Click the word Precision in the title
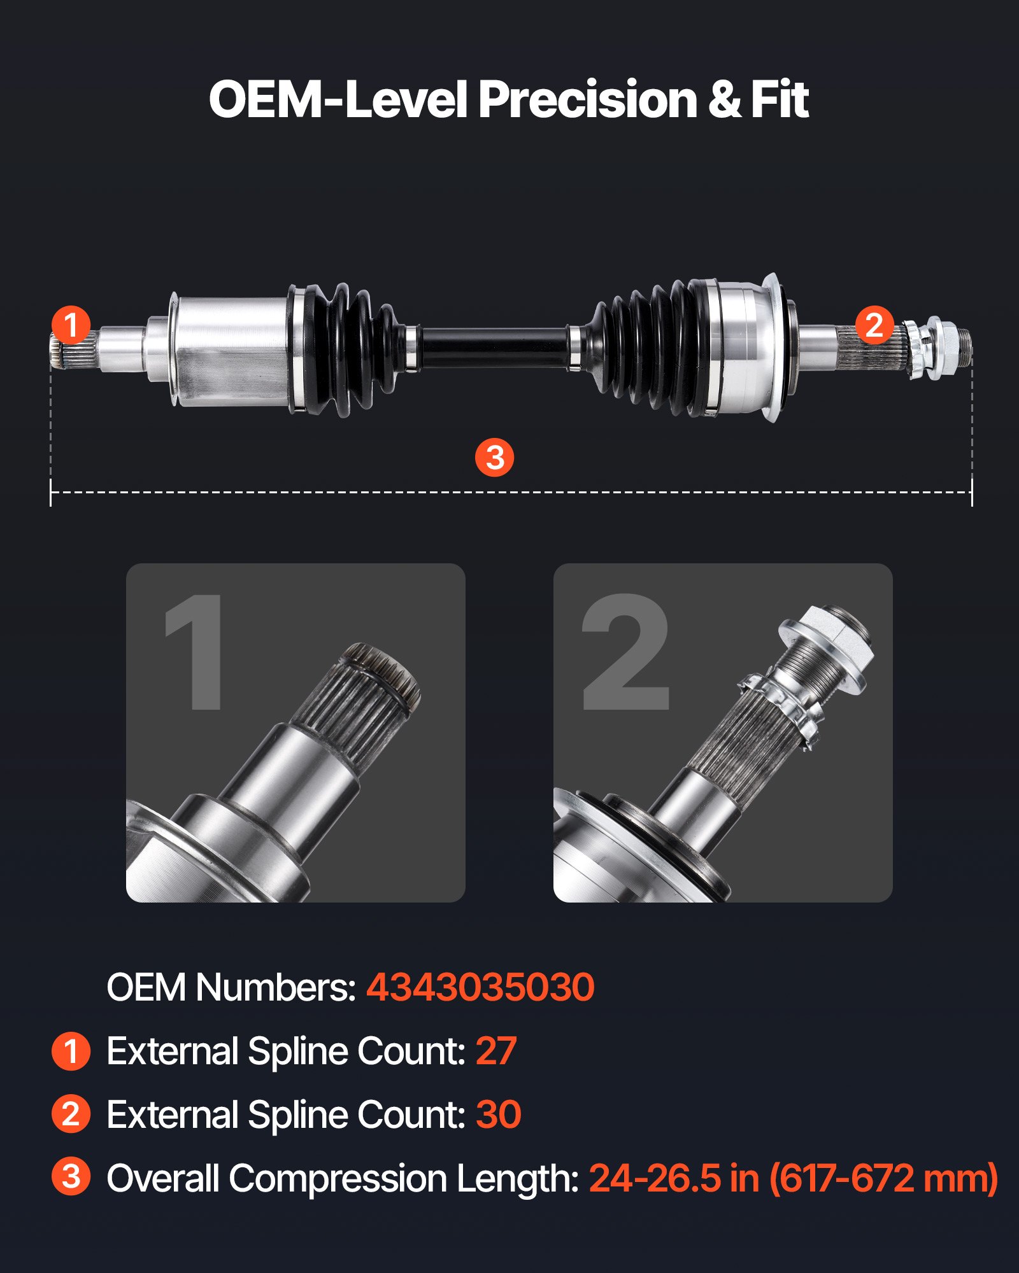coord(587,100)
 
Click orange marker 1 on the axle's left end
coord(71,325)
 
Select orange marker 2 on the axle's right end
coord(874,325)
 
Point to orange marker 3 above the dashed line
coord(495,457)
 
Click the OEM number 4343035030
coord(480,987)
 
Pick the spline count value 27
coord(495,1051)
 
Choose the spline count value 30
coord(498,1115)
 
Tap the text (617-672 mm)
coord(883,1178)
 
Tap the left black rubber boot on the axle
coord(350,350)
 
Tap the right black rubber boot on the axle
coord(650,350)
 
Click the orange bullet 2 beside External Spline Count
coord(71,1115)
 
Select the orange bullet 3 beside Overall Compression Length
coord(71,1177)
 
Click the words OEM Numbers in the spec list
coord(231,987)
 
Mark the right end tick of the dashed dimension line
coord(972,493)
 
